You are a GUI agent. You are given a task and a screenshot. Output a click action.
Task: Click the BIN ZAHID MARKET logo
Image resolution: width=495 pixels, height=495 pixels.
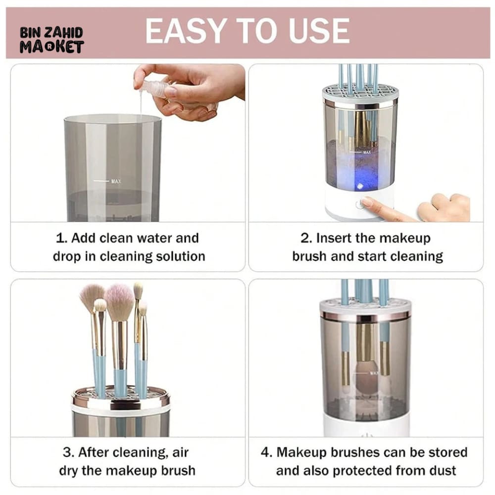pos(51,40)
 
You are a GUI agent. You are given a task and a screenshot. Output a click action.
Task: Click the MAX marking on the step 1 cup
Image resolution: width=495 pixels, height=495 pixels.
pos(116,181)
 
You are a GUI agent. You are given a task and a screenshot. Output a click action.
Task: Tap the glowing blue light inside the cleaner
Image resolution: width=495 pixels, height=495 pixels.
pos(359,186)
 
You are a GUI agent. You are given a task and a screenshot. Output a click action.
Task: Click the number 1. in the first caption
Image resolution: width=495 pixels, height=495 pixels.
pos(61,238)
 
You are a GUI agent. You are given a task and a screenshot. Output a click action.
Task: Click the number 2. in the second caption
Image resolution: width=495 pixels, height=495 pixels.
pos(306,238)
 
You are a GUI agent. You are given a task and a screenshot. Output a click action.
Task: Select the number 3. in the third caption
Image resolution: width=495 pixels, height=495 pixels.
pos(69,452)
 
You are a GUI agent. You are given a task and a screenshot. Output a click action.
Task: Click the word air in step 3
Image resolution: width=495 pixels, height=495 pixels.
pos(180,453)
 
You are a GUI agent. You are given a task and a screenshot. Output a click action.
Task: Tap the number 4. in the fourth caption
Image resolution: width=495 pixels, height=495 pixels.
pos(267,452)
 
